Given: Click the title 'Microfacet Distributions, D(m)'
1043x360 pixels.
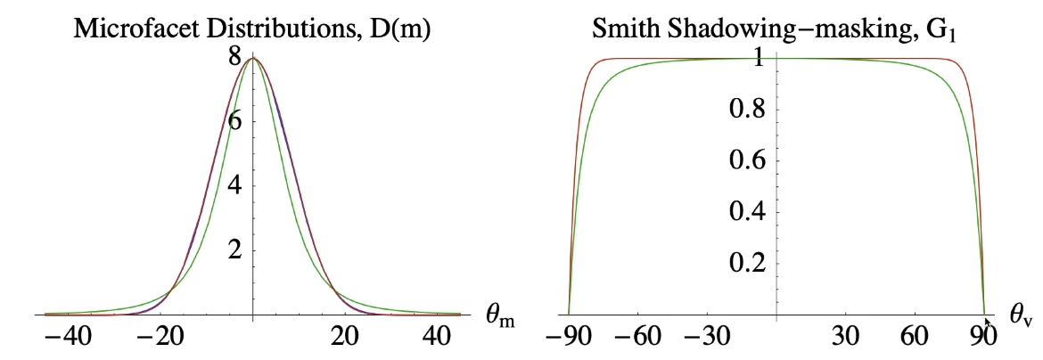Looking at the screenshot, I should (x=253, y=29).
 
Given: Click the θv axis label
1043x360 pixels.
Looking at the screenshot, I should (x=1021, y=315).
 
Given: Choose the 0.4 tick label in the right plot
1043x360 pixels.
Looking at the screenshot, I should (x=744, y=213).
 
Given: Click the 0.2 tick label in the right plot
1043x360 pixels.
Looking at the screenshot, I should (x=744, y=264).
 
